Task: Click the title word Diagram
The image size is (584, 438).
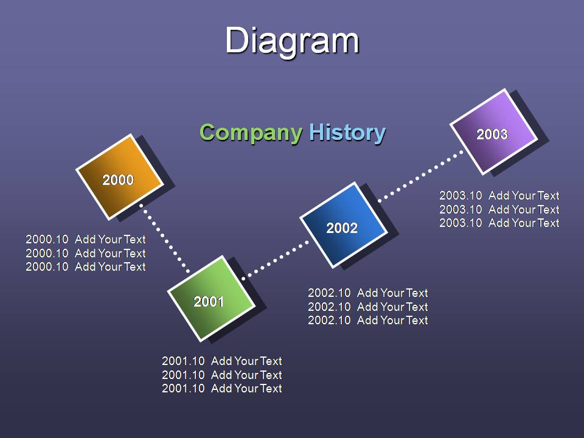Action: pos(292,41)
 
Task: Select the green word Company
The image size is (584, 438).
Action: pos(251,133)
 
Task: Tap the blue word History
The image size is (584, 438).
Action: pos(347,133)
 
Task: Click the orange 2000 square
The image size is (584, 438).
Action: pos(120,177)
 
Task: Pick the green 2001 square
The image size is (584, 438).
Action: pos(211,298)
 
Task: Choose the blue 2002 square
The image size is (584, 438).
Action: pos(344,225)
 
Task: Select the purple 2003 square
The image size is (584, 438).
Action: pos(494,131)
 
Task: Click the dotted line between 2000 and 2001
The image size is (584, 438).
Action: pos(165,238)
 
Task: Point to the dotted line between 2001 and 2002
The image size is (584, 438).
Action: pos(275,260)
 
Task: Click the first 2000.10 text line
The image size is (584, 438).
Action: pos(86,239)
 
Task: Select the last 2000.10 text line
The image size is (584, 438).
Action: pos(86,266)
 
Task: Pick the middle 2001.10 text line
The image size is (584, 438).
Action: pos(222,375)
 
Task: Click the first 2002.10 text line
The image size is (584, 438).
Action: pos(368,293)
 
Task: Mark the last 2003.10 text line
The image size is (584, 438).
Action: pos(499,223)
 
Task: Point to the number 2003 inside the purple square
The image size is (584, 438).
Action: pos(492,134)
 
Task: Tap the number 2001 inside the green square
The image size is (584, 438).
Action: pos(209,301)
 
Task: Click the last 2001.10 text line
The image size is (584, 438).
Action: pos(222,389)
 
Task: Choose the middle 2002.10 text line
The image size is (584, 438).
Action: pos(368,307)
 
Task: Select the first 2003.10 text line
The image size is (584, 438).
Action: pos(499,195)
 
